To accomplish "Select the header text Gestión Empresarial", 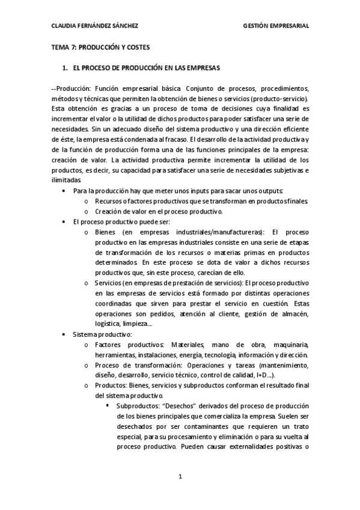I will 276,26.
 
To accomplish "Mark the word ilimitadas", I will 66,180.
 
